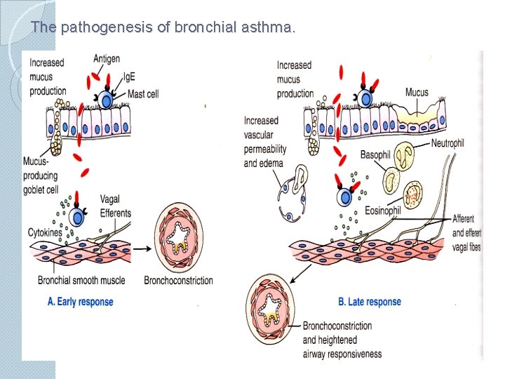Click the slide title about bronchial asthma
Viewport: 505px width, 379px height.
pos(163,28)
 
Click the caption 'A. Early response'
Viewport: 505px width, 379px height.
pos(80,302)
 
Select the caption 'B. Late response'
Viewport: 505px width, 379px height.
pos(370,302)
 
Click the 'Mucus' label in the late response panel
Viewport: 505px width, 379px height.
pos(416,93)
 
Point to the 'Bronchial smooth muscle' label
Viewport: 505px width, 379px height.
pos(81,281)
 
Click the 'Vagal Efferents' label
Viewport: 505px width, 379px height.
pos(115,206)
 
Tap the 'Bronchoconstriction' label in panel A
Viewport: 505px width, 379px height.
pos(178,281)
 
